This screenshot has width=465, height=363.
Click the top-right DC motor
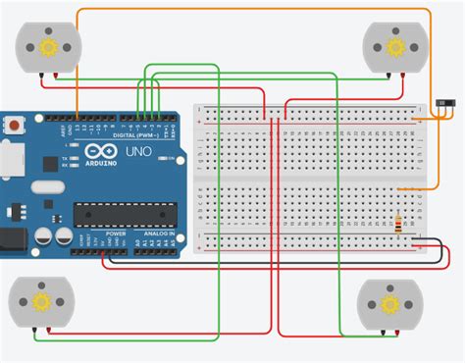click(x=395, y=46)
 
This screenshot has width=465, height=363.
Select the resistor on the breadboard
click(x=397, y=224)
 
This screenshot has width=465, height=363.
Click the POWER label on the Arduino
click(x=116, y=235)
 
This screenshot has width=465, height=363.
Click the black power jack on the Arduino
click(x=10, y=238)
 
